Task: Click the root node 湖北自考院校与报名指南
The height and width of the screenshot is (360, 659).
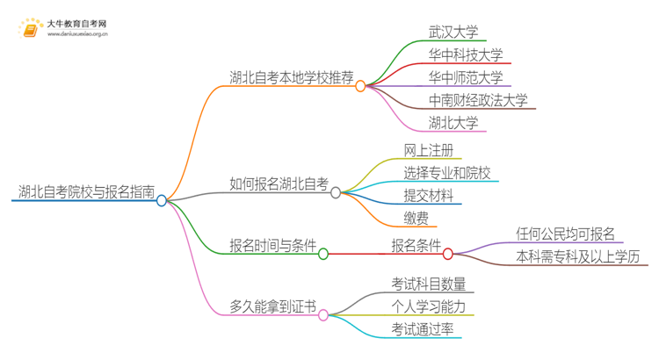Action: pyautogui.click(x=86, y=191)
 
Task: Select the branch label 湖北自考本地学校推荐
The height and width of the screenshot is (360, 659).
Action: pyautogui.click(x=290, y=78)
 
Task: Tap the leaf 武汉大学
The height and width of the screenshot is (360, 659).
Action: pyautogui.click(x=453, y=32)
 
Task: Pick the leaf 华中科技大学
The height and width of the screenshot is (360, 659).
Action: pyautogui.click(x=466, y=55)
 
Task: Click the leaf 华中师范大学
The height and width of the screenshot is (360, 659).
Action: pyautogui.click(x=466, y=78)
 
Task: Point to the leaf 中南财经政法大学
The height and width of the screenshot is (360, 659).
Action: pyautogui.click(x=478, y=101)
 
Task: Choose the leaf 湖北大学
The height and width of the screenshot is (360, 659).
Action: pyautogui.click(x=453, y=124)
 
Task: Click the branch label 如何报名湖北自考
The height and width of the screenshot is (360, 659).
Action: pyautogui.click(x=279, y=184)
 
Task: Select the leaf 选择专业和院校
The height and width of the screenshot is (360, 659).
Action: pyautogui.click(x=447, y=173)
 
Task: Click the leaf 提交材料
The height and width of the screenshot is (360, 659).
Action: pyautogui.click(x=429, y=196)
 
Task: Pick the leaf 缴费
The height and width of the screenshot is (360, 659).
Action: pyautogui.click(x=416, y=219)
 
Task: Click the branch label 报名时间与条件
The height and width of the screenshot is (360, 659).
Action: pyautogui.click(x=272, y=246)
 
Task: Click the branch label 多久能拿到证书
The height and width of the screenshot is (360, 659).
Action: pyautogui.click(x=272, y=306)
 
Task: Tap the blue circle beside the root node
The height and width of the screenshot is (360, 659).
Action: pyautogui.click(x=162, y=200)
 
